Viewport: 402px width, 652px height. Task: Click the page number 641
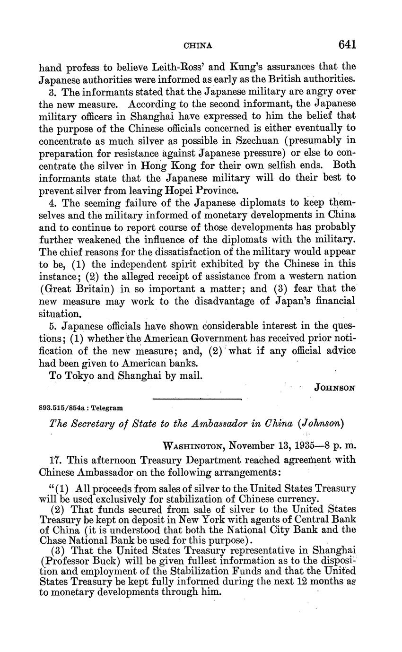click(x=347, y=44)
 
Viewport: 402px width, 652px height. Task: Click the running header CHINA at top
click(x=197, y=46)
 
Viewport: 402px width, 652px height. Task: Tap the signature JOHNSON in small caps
click(x=334, y=387)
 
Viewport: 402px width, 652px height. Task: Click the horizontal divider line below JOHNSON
click(x=197, y=400)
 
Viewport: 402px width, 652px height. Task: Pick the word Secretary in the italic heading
click(x=93, y=425)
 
